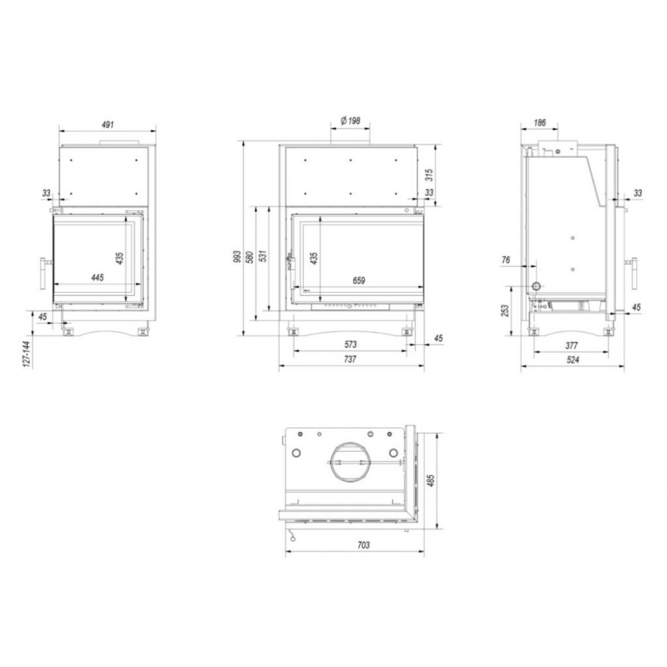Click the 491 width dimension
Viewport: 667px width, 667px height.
tap(107, 125)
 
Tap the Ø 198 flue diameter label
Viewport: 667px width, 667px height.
tap(351, 121)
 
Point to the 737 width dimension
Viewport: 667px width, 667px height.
tap(350, 360)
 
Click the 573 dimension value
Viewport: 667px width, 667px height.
tap(350, 344)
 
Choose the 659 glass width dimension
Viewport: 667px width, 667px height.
tap(359, 281)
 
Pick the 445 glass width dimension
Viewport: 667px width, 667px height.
tap(97, 277)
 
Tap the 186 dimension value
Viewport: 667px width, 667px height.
tap(539, 123)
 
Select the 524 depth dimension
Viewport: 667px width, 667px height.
tap(573, 360)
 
